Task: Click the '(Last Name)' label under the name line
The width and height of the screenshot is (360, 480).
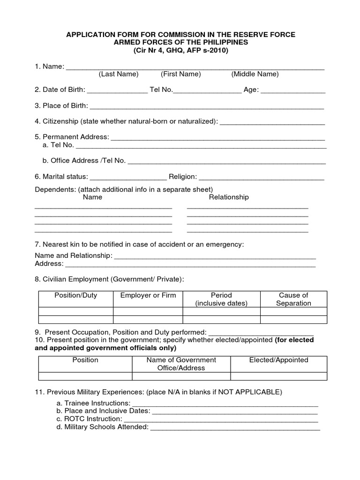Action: click(x=118, y=74)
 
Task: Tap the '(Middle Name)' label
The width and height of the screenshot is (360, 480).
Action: click(x=255, y=74)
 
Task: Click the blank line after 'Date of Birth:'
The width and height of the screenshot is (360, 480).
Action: click(x=117, y=90)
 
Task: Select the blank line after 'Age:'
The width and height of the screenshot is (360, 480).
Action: click(x=292, y=90)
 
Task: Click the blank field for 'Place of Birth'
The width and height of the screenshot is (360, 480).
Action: click(x=207, y=106)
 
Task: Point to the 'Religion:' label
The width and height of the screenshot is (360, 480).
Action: click(x=183, y=177)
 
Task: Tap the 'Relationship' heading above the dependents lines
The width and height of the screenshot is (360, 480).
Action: click(x=229, y=197)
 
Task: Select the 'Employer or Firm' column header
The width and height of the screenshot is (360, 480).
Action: click(x=148, y=295)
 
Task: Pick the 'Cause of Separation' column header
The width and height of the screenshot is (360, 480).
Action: click(x=293, y=299)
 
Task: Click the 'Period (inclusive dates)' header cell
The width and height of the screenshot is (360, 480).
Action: click(x=221, y=299)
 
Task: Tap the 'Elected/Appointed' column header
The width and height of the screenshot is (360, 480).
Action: click(x=278, y=360)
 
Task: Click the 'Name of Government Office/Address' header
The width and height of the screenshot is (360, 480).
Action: click(x=181, y=364)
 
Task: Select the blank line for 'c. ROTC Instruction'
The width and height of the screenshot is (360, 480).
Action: click(x=221, y=419)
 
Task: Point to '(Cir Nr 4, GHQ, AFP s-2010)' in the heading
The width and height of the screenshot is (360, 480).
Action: click(x=180, y=50)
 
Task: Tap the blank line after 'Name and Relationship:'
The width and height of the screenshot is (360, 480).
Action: click(x=215, y=256)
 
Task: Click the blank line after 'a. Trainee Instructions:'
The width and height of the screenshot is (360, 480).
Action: click(x=225, y=403)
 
